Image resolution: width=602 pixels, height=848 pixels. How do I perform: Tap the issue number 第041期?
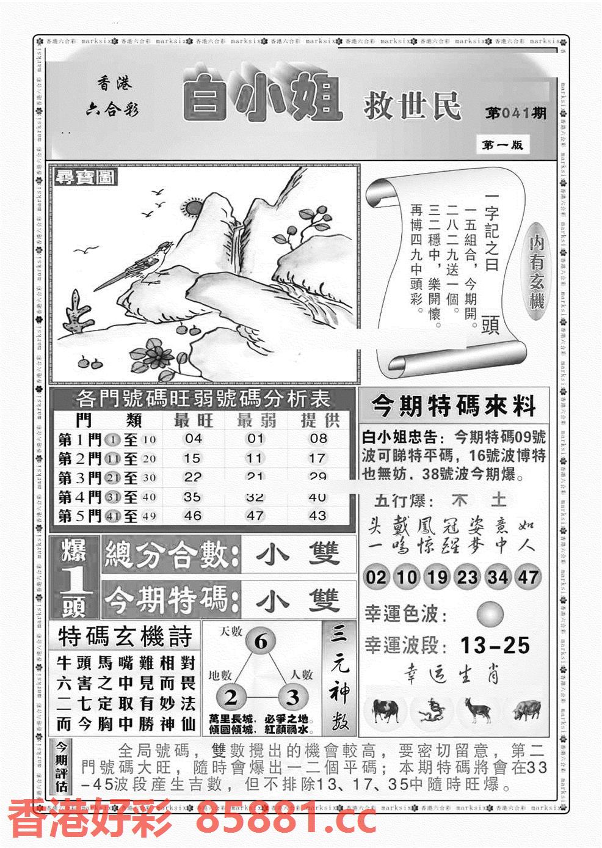tap(516, 114)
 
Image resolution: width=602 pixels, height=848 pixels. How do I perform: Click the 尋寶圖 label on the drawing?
tap(84, 178)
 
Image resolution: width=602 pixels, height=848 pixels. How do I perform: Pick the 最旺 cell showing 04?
tap(193, 438)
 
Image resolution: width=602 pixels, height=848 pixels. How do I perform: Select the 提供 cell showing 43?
tap(317, 515)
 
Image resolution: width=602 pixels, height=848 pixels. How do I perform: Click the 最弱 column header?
tap(255, 420)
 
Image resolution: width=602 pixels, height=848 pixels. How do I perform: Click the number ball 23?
tap(467, 577)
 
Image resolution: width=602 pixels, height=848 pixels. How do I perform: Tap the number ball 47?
tap(528, 577)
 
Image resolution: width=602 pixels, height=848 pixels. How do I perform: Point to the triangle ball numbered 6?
tap(261, 642)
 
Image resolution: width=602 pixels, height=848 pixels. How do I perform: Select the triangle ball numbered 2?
tap(231, 697)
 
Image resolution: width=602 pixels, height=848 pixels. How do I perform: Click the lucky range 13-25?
tap(495, 645)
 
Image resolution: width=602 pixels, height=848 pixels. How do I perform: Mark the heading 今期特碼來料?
tap(453, 406)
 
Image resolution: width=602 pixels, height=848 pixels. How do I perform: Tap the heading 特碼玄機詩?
tap(125, 637)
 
